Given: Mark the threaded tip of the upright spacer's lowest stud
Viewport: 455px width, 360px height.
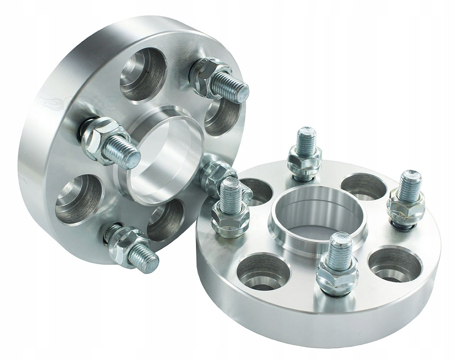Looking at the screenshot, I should tap(146, 259).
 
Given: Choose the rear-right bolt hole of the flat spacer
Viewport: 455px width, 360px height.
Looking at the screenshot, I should tap(364, 187).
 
